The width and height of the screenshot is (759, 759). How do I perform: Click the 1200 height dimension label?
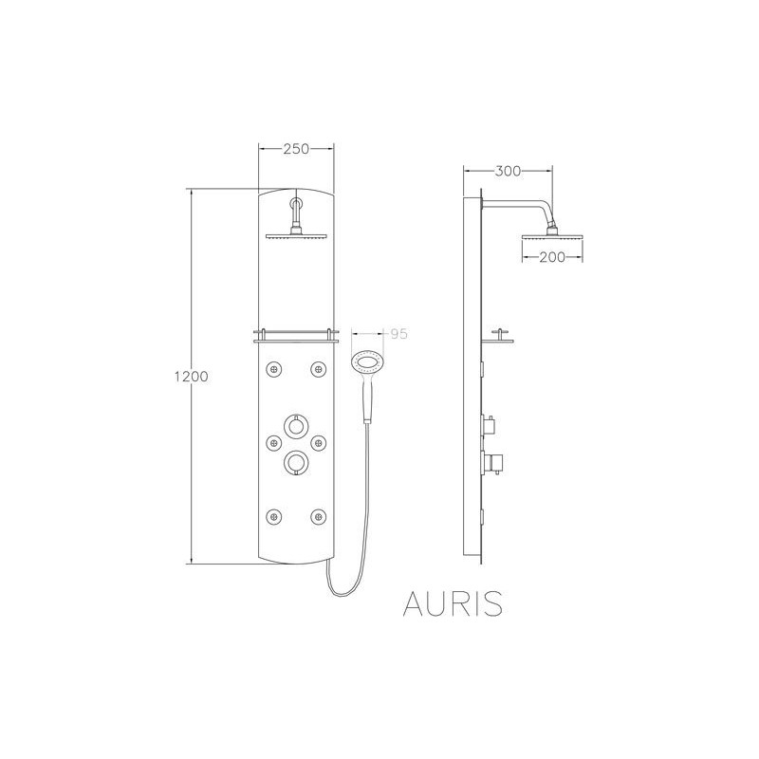192,376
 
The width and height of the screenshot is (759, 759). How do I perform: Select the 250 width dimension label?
296,149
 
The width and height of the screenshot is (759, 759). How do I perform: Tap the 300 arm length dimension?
508,171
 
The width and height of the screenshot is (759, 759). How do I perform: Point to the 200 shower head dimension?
552,257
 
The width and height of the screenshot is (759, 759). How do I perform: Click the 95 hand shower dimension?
398,334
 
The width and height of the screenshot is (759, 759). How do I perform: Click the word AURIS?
453,603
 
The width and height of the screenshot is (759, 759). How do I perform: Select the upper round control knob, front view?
295,425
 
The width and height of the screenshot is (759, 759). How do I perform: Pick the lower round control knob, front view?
295,461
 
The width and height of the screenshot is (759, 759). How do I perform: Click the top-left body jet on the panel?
273,370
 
